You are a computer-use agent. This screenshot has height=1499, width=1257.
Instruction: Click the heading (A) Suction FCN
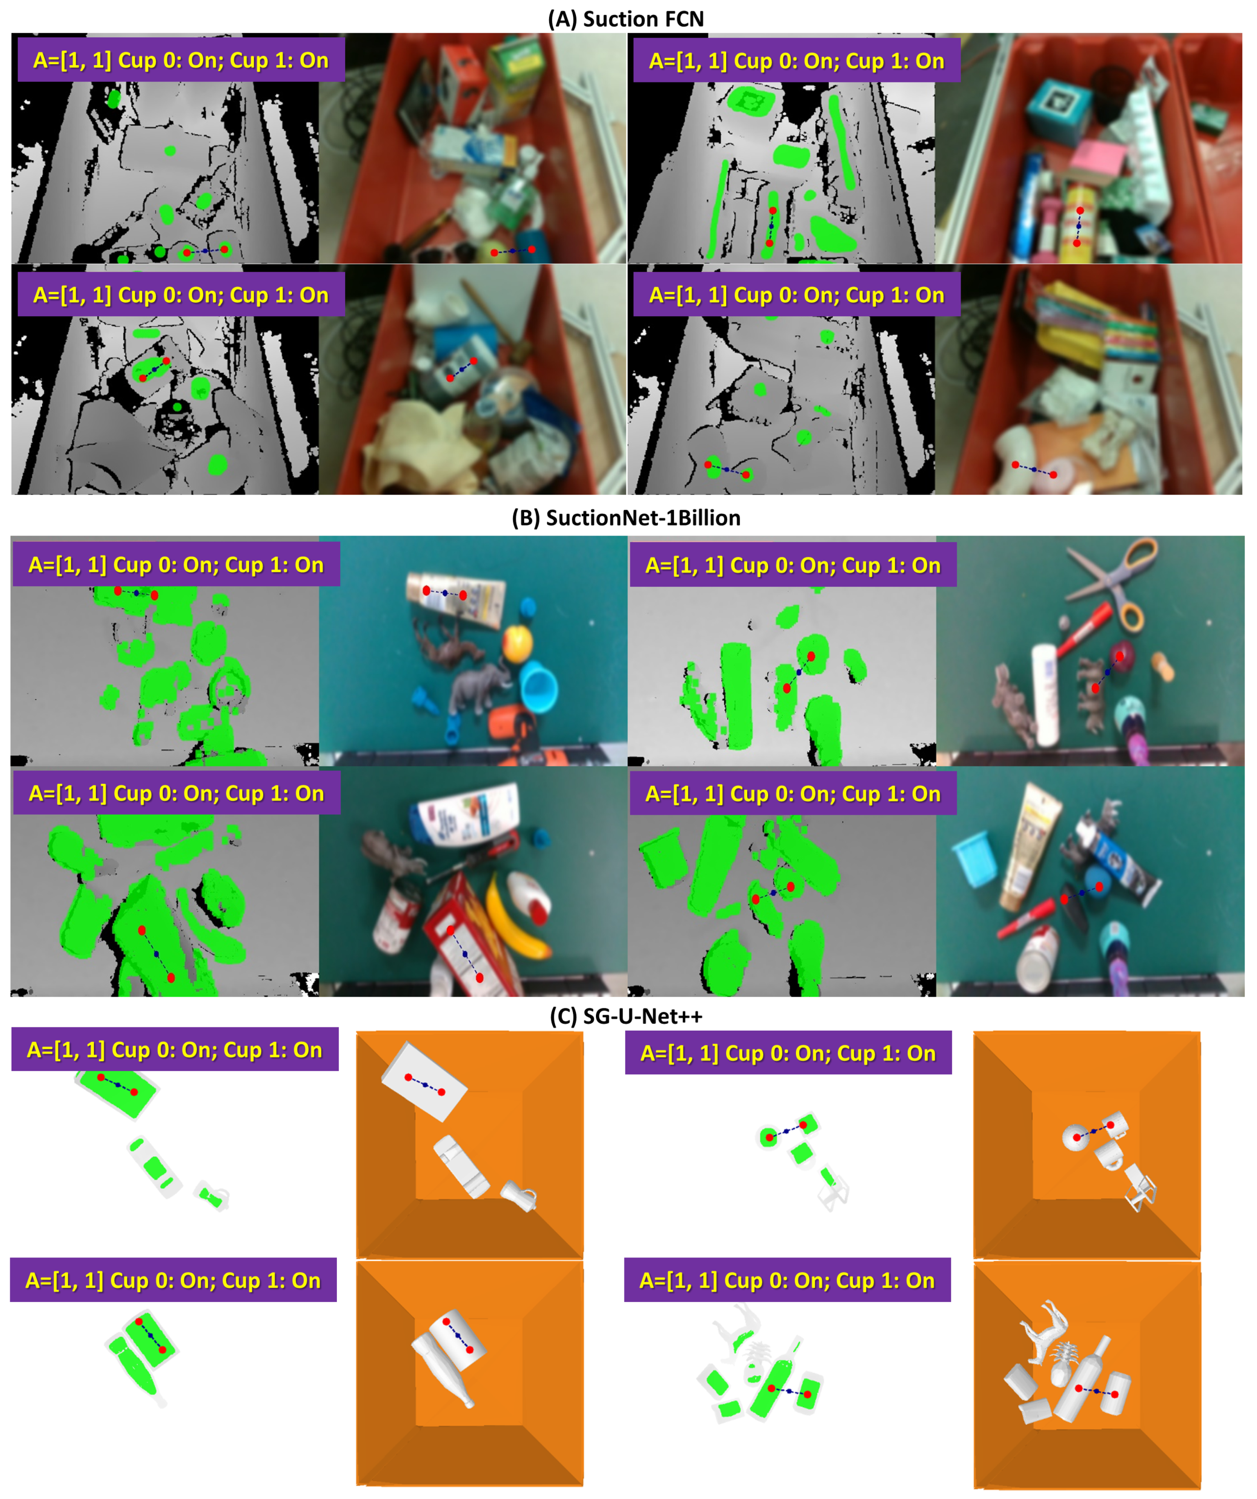coord(625,19)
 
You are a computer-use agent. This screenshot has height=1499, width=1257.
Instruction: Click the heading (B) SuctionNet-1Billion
coord(625,518)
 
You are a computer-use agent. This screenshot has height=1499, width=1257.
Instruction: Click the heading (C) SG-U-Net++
coord(625,1016)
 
